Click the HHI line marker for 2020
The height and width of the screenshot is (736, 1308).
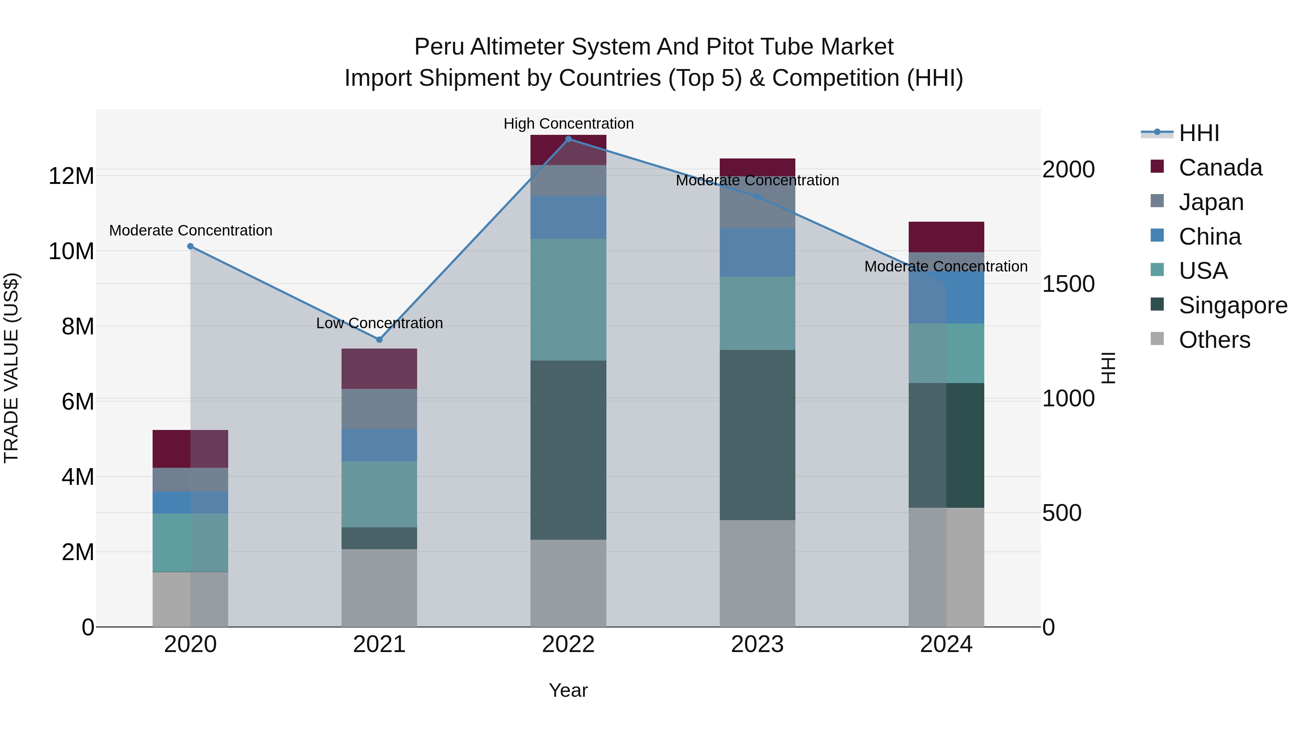coord(190,246)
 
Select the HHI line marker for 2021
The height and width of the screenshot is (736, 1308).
coord(379,339)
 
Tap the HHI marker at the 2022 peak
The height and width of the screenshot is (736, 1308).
coord(568,139)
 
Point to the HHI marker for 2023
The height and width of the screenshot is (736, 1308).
coord(757,196)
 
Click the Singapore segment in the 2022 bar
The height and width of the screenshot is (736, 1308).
coord(568,450)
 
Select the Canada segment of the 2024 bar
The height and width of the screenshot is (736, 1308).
coord(946,237)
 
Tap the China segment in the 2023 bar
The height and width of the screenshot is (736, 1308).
coord(757,252)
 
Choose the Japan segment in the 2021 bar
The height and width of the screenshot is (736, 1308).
coord(379,409)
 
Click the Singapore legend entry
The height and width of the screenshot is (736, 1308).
coord(1233,305)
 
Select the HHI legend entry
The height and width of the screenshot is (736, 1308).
coord(1198,133)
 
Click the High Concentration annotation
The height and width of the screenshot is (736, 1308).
coord(568,124)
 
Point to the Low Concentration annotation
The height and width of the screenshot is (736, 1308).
coord(379,323)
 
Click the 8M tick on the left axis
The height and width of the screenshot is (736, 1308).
coord(78,326)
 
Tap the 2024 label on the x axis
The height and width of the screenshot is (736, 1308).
coord(946,644)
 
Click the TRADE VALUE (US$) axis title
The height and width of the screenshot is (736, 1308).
coord(11,368)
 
